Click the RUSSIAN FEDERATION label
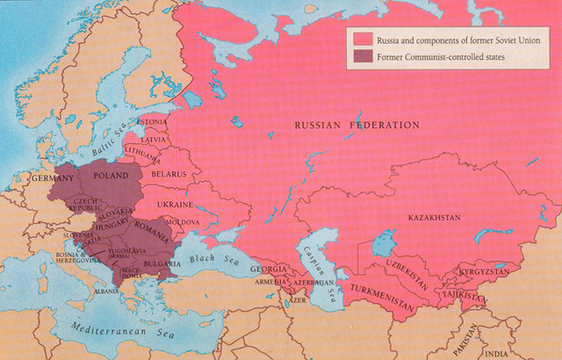(357, 126)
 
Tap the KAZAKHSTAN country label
(436, 216)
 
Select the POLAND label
(105, 175)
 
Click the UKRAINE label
(174, 204)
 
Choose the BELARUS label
(170, 174)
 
